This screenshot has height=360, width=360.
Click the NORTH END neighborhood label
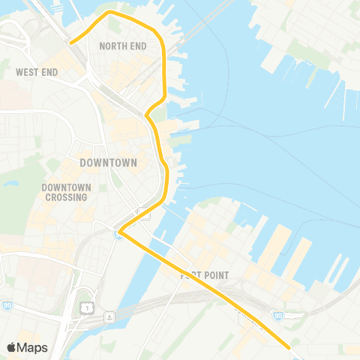pyautogui.click(x=121, y=45)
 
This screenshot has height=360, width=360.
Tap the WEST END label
pyautogui.click(x=37, y=73)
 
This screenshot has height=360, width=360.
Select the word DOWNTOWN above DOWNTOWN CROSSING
pyautogui.click(x=108, y=162)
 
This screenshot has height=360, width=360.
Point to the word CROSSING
pyautogui.click(x=66, y=197)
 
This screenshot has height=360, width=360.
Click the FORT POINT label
pyautogui.click(x=203, y=275)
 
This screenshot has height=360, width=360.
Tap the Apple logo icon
pyautogui.click(x=12, y=347)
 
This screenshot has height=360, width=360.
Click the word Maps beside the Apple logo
pyautogui.click(x=33, y=347)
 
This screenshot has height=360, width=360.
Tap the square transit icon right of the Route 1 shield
pyautogui.click(x=110, y=316)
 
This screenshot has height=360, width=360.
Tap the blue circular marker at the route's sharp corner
pyautogui.click(x=118, y=235)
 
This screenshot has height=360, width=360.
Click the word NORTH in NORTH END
pyautogui.click(x=112, y=45)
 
